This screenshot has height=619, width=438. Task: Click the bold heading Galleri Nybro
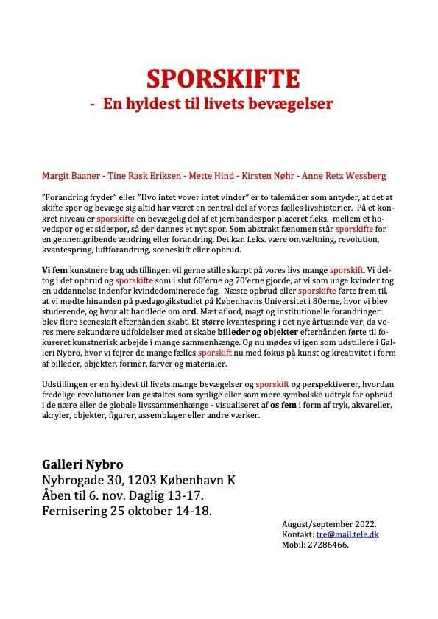pos(82,465)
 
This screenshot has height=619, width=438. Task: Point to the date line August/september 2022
pos(322,524)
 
